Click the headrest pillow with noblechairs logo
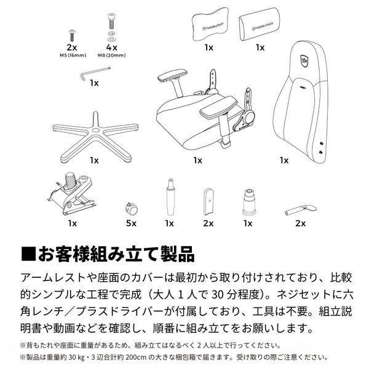(x=209, y=25)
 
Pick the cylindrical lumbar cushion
(x=260, y=25)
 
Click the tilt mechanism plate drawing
(x=71, y=192)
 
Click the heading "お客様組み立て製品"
(x=116, y=253)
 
